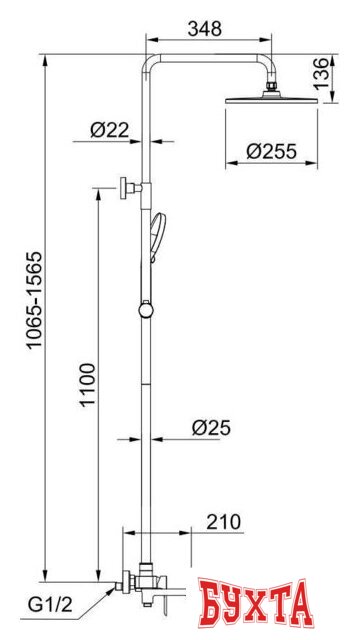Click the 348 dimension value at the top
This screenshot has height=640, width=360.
[204, 29]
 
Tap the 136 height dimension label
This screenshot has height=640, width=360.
[321, 74]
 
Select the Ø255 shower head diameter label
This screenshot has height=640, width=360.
[271, 152]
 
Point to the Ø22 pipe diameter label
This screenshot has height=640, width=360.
[109, 130]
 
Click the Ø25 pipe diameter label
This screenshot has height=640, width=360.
[211, 428]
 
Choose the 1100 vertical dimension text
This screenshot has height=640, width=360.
[87, 384]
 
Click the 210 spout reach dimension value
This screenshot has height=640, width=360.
[224, 522]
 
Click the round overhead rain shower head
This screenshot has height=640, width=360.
[271, 99]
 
